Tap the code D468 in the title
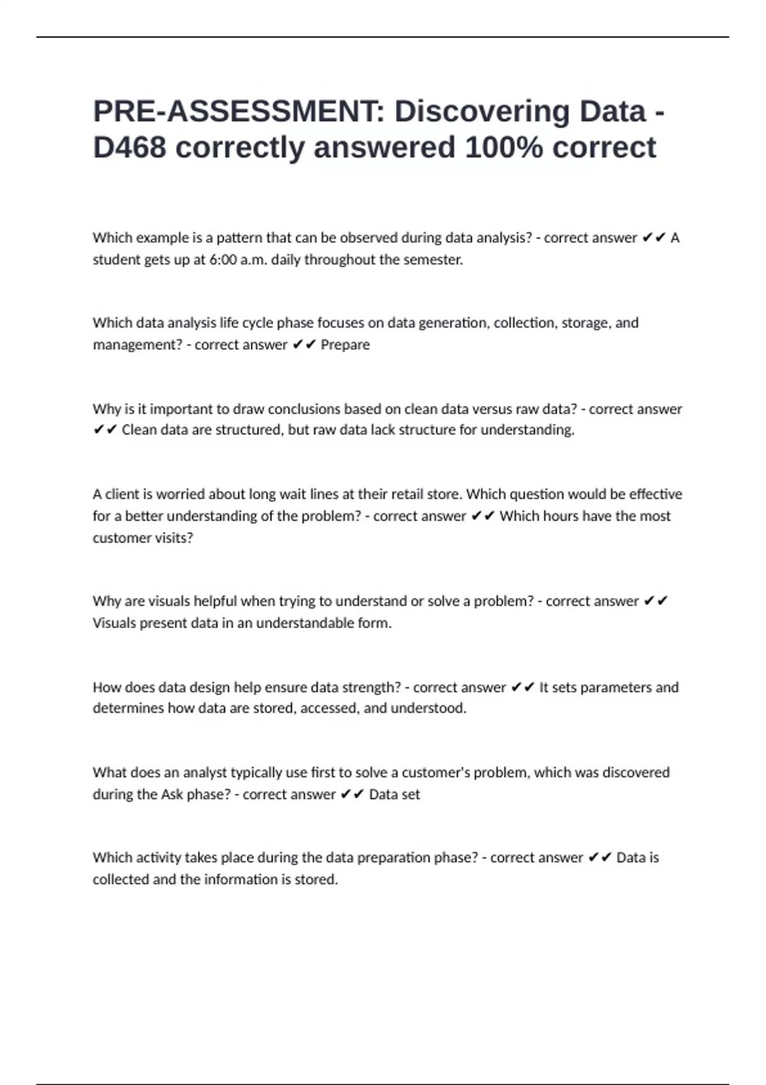coord(130,147)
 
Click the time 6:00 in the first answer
coord(223,260)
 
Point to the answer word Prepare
coord(345,345)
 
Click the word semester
coord(433,260)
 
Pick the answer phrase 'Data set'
coord(394,795)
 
